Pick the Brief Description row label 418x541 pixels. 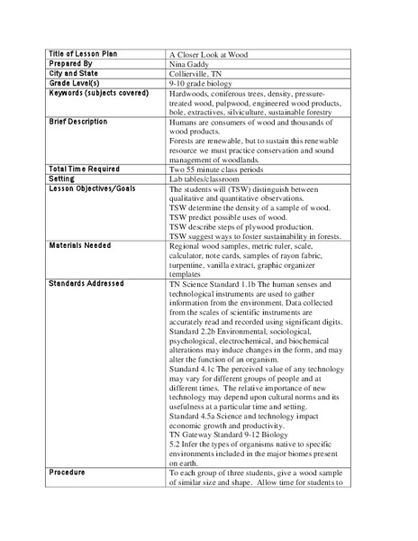77,121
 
